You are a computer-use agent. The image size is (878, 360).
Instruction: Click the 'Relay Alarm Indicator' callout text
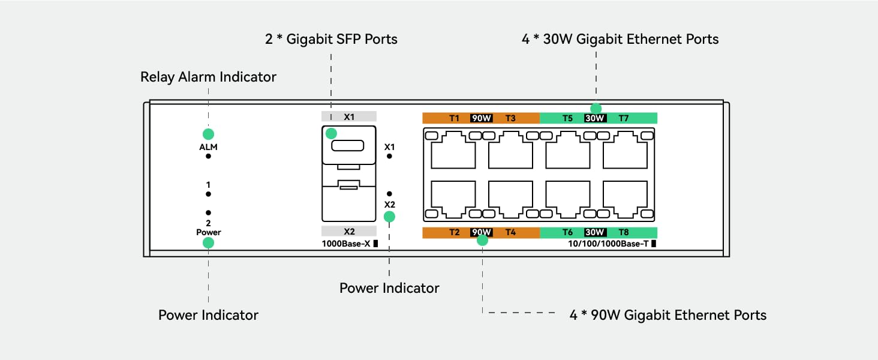coord(208,77)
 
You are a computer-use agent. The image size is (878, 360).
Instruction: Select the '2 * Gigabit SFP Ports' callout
coord(331,39)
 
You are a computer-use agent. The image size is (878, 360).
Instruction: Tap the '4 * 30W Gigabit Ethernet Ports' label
coord(620,39)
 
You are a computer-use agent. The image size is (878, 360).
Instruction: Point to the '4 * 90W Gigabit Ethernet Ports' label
coord(668,315)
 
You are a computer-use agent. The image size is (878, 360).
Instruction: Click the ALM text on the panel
coord(208,147)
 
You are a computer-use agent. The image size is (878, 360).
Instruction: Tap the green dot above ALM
coord(208,134)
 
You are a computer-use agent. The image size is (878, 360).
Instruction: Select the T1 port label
coord(454,118)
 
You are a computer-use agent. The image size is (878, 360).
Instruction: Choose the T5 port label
coord(567,118)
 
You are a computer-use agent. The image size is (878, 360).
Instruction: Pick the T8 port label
coord(624,233)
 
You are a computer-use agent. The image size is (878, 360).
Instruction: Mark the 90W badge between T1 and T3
coord(482,118)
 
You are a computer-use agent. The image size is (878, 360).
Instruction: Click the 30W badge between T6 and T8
coord(594,233)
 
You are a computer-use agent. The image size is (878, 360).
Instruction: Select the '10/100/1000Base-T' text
coord(608,244)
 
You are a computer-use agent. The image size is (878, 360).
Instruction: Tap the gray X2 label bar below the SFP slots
coord(349,231)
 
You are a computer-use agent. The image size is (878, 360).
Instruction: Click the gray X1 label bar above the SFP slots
coord(349,116)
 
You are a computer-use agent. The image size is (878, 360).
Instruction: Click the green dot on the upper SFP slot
coord(330,133)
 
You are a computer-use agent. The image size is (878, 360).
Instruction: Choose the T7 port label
coord(624,118)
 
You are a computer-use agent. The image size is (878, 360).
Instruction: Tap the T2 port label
coord(454,233)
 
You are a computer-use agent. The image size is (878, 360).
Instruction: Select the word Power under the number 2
coord(208,232)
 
